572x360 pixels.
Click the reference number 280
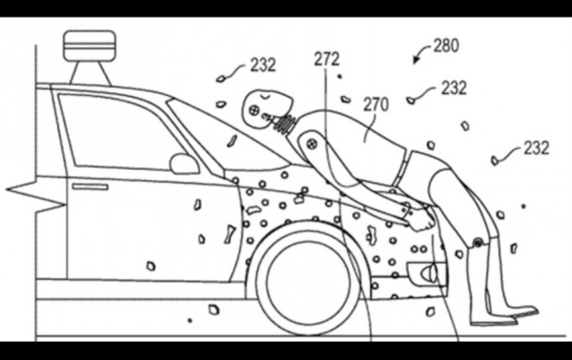(x=447, y=46)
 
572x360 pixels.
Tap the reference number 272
(x=327, y=59)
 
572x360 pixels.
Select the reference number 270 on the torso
(x=376, y=104)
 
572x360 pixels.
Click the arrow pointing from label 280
(x=422, y=53)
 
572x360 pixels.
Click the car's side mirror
(x=185, y=164)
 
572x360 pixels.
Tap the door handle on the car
(x=90, y=187)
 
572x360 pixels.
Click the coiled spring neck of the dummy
(x=285, y=123)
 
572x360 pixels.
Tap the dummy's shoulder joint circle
(x=311, y=143)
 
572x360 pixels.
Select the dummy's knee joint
(x=477, y=241)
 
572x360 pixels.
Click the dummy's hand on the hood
(x=423, y=220)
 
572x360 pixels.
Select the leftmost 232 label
(x=263, y=66)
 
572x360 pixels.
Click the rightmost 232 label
(x=536, y=149)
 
